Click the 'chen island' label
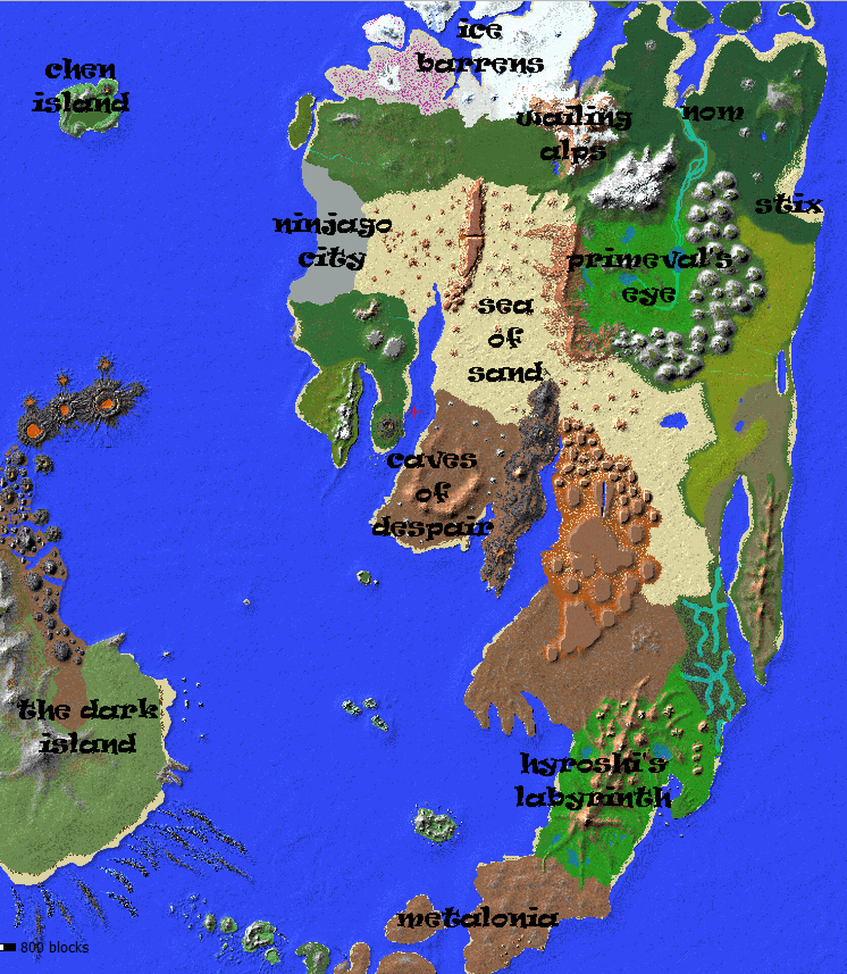(81, 86)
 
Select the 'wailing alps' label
(574, 134)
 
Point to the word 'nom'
(713, 112)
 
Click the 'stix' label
(788, 205)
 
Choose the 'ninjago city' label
(333, 241)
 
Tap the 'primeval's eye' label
(649, 276)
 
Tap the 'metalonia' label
(477, 918)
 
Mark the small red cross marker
(415, 412)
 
